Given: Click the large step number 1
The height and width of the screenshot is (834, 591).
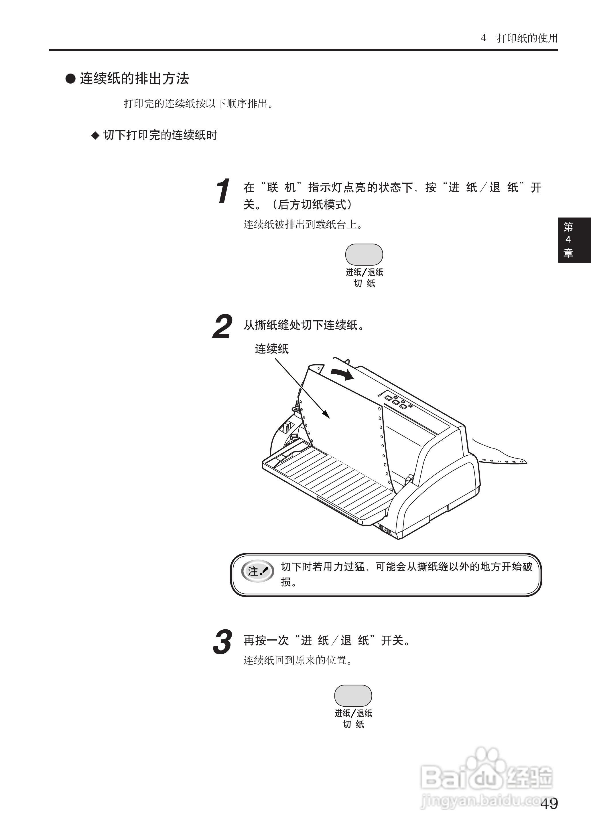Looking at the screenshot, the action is click(223, 191).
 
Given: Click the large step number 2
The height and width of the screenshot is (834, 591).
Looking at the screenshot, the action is click(222, 327).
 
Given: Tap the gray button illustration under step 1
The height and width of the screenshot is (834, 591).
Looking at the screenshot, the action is click(364, 254).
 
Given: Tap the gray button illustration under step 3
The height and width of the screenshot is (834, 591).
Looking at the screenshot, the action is click(353, 695).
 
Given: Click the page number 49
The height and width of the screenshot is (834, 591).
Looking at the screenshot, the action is click(549, 803).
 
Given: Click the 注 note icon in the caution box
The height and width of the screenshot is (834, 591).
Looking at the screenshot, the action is click(258, 571).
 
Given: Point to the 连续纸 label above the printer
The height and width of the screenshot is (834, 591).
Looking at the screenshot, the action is click(271, 349).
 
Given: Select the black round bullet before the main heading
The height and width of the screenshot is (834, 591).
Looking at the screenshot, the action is click(70, 78).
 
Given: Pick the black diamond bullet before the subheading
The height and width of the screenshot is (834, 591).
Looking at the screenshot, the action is click(95, 136).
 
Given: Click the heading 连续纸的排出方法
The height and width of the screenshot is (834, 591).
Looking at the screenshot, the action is click(134, 78).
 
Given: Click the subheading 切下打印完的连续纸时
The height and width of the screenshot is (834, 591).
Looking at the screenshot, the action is click(160, 135).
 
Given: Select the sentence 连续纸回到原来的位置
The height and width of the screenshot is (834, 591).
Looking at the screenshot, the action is click(298, 660).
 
